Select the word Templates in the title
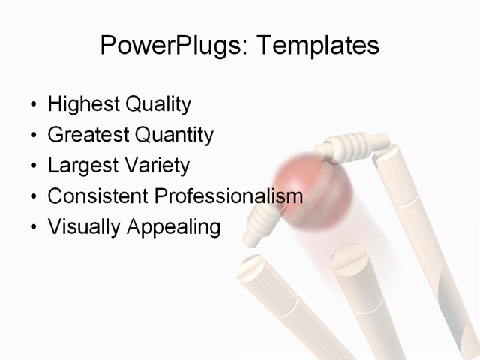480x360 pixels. [x=317, y=46]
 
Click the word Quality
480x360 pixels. [x=158, y=104]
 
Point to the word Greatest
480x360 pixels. [x=88, y=135]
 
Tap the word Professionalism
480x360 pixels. [x=229, y=196]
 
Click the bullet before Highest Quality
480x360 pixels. [x=32, y=105]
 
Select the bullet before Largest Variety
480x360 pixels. [x=32, y=166]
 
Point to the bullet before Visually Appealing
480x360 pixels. [x=32, y=227]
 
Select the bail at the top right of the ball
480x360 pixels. [x=352, y=145]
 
